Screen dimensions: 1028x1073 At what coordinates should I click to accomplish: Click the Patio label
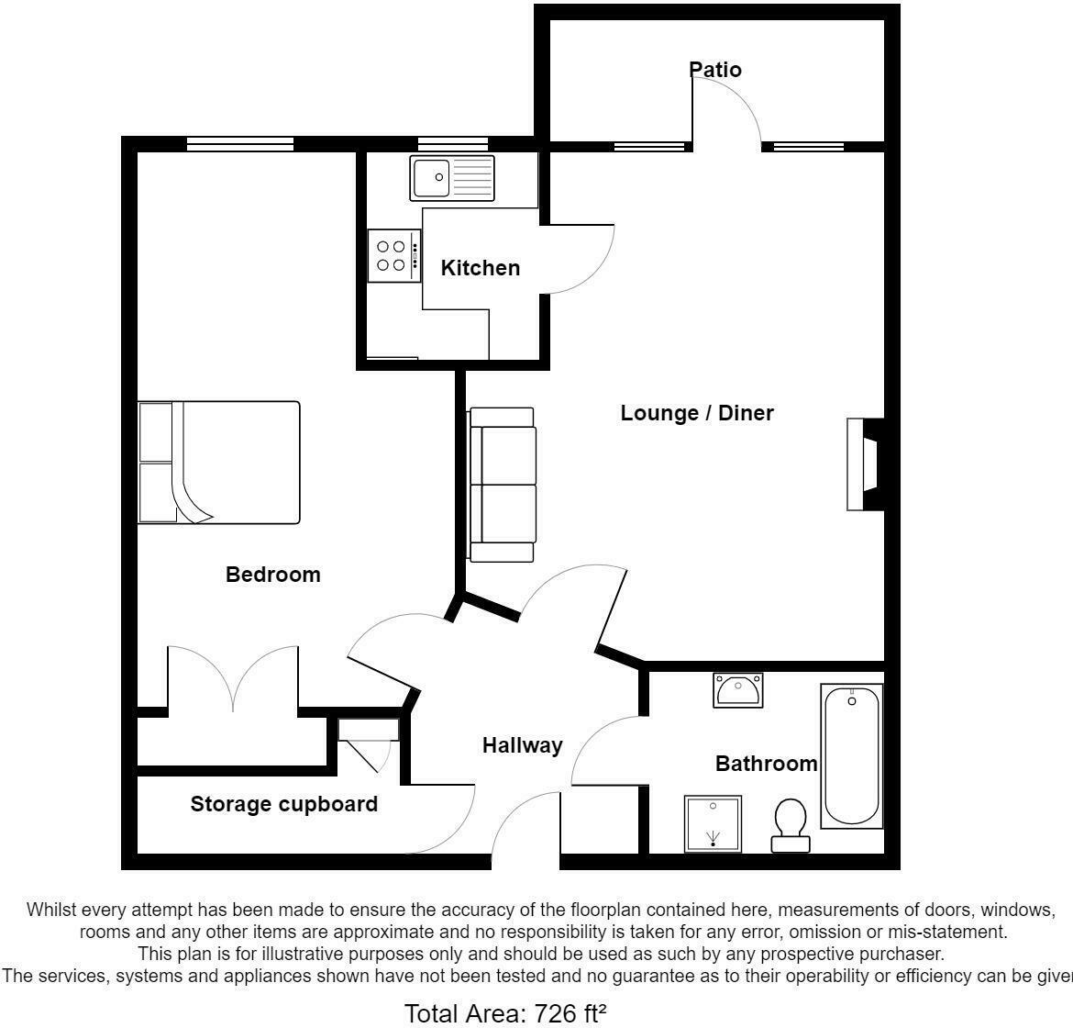coord(715,70)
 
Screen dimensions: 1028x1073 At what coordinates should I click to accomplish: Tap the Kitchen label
coord(480,268)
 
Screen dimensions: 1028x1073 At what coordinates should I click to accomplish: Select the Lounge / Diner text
coord(697,413)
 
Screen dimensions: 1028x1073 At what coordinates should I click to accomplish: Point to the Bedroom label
coord(273,575)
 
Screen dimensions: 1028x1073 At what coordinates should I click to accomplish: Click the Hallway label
coord(522,745)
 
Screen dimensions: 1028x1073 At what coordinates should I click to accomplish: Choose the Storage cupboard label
coord(283,805)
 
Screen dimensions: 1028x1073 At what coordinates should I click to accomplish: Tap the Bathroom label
coord(766,764)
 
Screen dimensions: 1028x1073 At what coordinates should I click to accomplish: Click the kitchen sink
coord(452,178)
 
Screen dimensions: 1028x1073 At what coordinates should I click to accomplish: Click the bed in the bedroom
coord(219,463)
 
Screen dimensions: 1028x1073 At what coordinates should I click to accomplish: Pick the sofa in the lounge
coord(502,485)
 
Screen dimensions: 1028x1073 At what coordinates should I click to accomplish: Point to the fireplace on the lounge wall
coord(865,464)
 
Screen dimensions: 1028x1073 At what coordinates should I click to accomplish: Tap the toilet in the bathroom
coord(790,824)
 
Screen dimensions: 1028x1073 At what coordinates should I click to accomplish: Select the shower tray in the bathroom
coord(713,824)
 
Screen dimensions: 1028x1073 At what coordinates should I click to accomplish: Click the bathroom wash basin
coord(737,690)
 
